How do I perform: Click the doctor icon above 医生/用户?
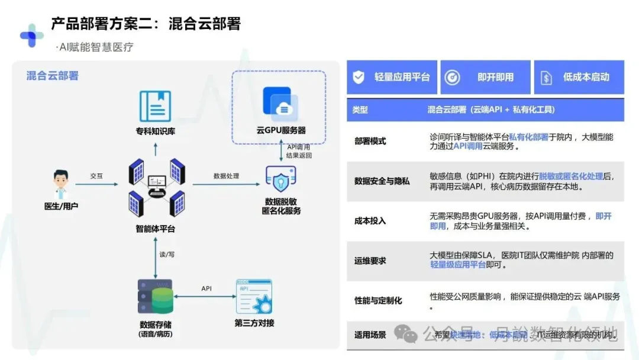tap(60, 185)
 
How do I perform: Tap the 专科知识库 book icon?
tap(155, 107)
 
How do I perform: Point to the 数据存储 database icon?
tap(155, 297)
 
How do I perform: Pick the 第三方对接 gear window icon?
tap(254, 297)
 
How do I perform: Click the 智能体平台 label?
tap(155, 229)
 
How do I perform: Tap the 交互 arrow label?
tap(96, 176)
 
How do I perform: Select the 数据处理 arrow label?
tap(226, 176)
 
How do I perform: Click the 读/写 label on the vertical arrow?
tap(167, 254)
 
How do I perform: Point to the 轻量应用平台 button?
tap(392, 77)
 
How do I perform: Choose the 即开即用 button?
tap(486, 77)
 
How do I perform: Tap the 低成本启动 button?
tap(579, 77)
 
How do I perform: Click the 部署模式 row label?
tap(370, 142)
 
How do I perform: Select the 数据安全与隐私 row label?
tap(382, 181)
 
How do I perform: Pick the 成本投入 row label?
tap(370, 221)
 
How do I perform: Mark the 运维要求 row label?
tap(370, 261)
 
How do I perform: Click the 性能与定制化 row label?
tap(378, 300)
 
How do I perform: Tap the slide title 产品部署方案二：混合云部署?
tap(146, 24)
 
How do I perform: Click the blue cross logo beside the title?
tap(31, 36)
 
